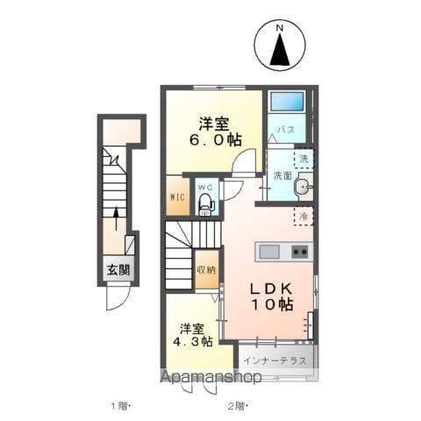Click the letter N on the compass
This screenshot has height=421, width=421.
281,29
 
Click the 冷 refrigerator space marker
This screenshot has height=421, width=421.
302,215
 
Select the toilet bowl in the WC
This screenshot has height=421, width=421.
206,205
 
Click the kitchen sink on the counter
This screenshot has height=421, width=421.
269,253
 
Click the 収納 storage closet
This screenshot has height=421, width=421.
206,269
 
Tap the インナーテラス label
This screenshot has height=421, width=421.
275,360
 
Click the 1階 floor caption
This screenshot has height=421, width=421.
120,405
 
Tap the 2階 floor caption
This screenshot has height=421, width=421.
238,405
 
